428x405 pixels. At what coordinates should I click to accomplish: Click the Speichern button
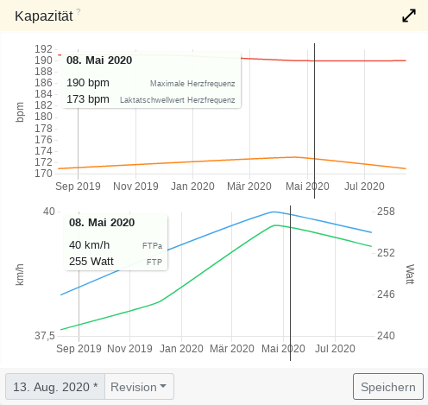(x=387, y=387)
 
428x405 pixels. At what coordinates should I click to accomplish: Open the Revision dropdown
(x=140, y=387)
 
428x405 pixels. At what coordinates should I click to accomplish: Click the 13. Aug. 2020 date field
(x=55, y=387)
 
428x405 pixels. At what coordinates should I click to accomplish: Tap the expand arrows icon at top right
(x=409, y=16)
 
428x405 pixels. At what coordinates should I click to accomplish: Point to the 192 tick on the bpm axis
(x=43, y=49)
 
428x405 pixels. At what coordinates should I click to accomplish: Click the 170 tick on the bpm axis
(x=43, y=173)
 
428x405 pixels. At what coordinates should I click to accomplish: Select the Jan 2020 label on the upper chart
(x=191, y=186)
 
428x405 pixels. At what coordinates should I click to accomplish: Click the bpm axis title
(x=20, y=111)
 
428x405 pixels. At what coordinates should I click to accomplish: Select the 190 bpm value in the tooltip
(x=88, y=83)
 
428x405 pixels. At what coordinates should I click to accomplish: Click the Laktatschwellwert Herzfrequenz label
(x=178, y=100)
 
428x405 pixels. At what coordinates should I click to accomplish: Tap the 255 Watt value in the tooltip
(x=92, y=261)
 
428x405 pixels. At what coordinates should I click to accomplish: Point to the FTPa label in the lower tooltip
(x=152, y=245)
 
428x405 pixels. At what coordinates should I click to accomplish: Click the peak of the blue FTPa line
(x=274, y=212)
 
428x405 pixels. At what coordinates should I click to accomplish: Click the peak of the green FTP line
(x=275, y=225)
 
